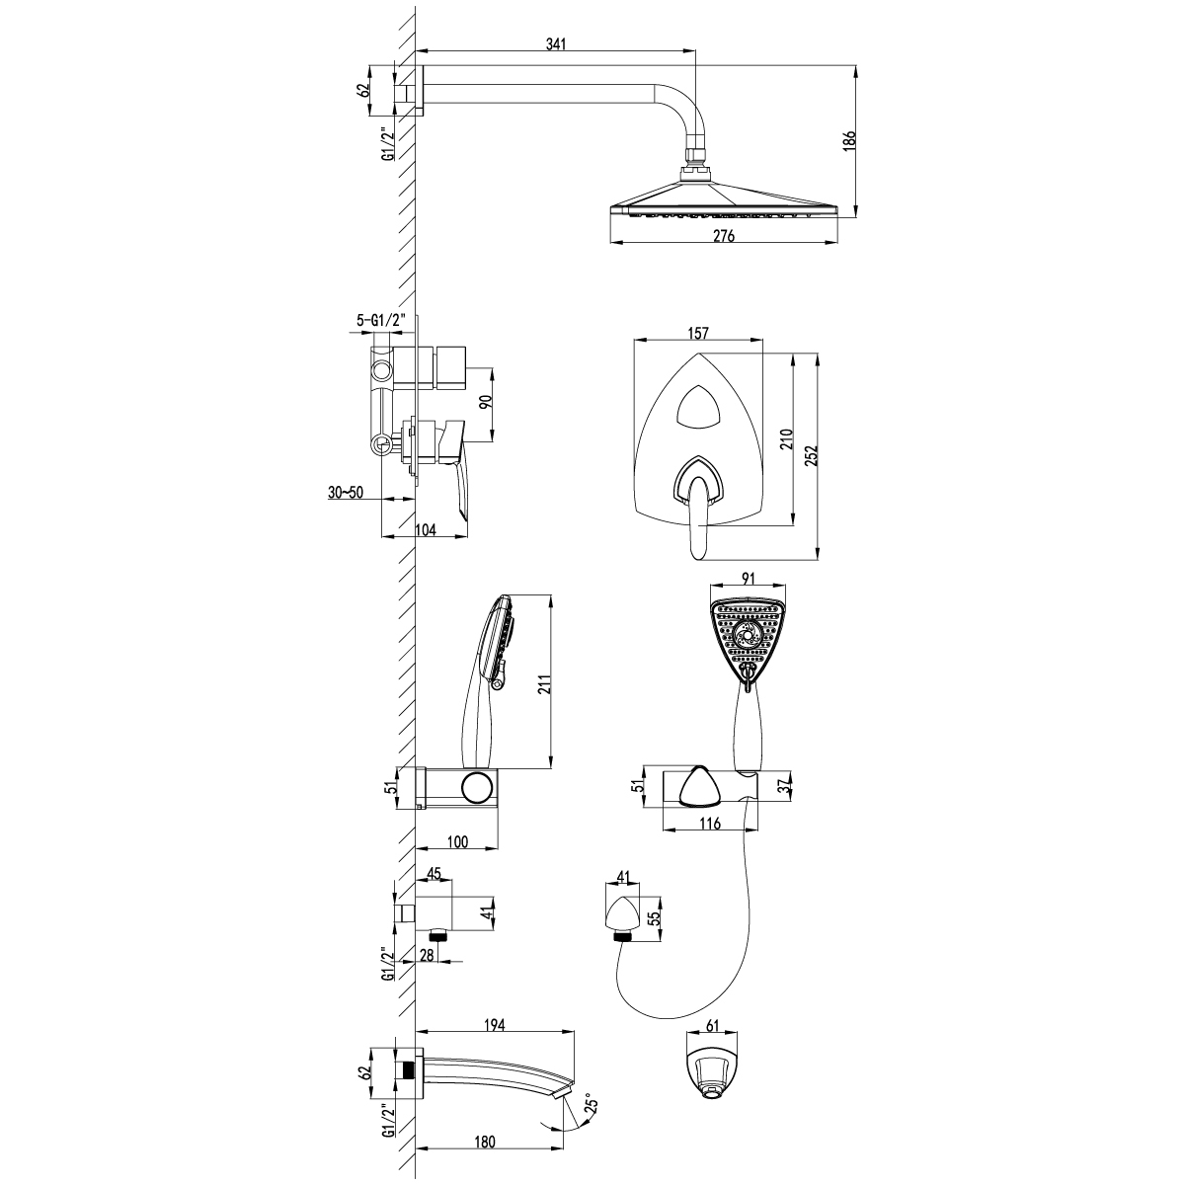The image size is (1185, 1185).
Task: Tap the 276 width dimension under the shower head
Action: [x=724, y=236]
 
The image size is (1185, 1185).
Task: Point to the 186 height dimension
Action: [x=849, y=141]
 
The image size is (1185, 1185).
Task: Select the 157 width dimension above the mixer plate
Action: [x=698, y=333]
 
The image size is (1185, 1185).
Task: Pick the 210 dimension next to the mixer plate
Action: [x=788, y=439]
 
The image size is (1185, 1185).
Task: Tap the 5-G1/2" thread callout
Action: [x=381, y=320]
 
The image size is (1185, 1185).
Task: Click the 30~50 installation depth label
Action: [x=346, y=492]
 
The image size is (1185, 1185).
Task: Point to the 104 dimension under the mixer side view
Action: [x=425, y=529]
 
